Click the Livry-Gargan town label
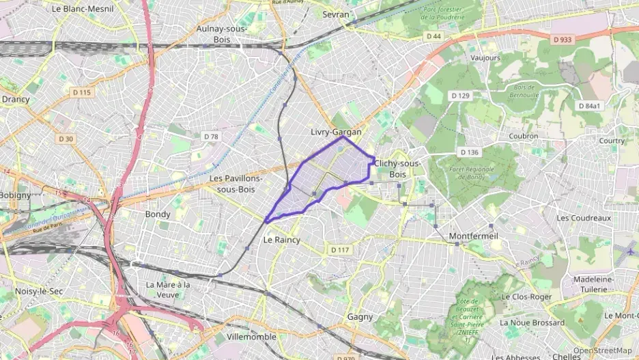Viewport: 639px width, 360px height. [335, 132]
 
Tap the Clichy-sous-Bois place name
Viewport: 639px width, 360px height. [397, 169]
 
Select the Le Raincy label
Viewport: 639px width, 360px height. [282, 240]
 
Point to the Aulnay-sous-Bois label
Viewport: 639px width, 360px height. [221, 34]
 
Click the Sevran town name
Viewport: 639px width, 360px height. [335, 14]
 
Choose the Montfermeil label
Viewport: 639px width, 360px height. [474, 236]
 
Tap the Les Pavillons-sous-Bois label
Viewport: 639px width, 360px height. [236, 183]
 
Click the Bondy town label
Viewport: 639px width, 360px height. [158, 214]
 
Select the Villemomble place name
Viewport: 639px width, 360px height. [251, 337]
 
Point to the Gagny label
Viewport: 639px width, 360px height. [360, 317]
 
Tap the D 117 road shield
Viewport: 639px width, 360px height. [340, 250]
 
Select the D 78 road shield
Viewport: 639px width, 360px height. [211, 137]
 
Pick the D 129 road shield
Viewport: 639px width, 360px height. [460, 96]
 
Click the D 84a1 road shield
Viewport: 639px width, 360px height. [589, 106]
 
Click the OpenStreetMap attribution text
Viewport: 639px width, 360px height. [602, 350]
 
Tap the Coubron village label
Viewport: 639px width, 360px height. [524, 136]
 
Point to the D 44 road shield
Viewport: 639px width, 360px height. [434, 36]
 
